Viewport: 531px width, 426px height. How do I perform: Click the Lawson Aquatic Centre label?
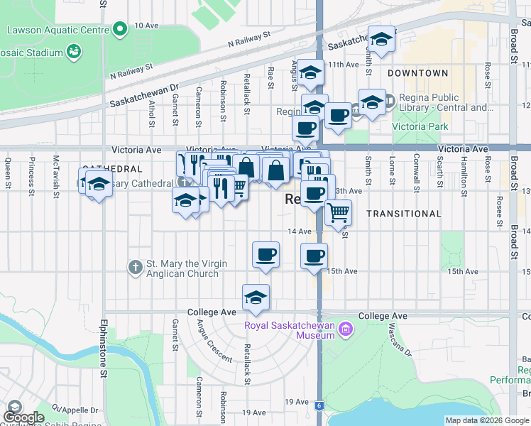[x=58, y=31]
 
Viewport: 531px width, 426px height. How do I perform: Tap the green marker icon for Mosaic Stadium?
[x=73, y=51]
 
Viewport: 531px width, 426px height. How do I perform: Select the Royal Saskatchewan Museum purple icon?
[x=346, y=328]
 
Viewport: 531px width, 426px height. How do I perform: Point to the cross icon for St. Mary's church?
[x=136, y=268]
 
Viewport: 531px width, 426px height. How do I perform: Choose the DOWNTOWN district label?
[x=418, y=73]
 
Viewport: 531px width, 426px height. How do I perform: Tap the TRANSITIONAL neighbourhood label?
[x=404, y=213]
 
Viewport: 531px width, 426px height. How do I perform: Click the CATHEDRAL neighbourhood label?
[x=108, y=169]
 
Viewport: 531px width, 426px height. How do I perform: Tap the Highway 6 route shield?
[x=319, y=405]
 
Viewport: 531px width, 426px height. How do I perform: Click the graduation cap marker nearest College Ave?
[x=256, y=297]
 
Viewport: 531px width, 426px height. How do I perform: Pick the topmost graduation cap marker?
[x=381, y=41]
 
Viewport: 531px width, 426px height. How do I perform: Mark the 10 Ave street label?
[x=146, y=25]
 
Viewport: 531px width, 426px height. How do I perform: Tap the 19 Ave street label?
[x=253, y=413]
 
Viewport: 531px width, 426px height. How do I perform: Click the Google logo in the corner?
[x=24, y=417]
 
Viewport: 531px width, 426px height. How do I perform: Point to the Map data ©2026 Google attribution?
[x=486, y=420]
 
